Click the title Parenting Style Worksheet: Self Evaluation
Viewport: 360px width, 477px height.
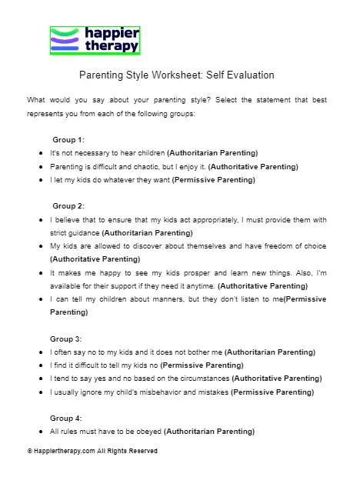(176, 75)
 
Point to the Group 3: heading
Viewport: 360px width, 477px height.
(68, 338)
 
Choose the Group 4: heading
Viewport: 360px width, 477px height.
(68, 418)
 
